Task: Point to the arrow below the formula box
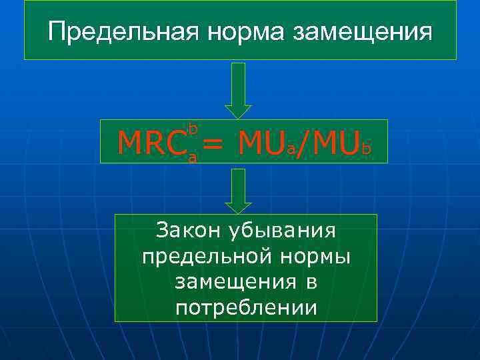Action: point(238,189)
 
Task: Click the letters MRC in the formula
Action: point(151,141)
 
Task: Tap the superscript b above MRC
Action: point(194,127)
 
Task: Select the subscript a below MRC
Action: point(192,157)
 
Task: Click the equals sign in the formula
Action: point(213,142)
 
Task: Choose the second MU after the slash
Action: point(337,141)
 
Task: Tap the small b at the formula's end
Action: point(366,148)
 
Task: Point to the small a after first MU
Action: point(291,149)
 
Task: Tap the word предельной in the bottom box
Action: point(192,257)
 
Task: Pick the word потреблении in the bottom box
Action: point(246,307)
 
